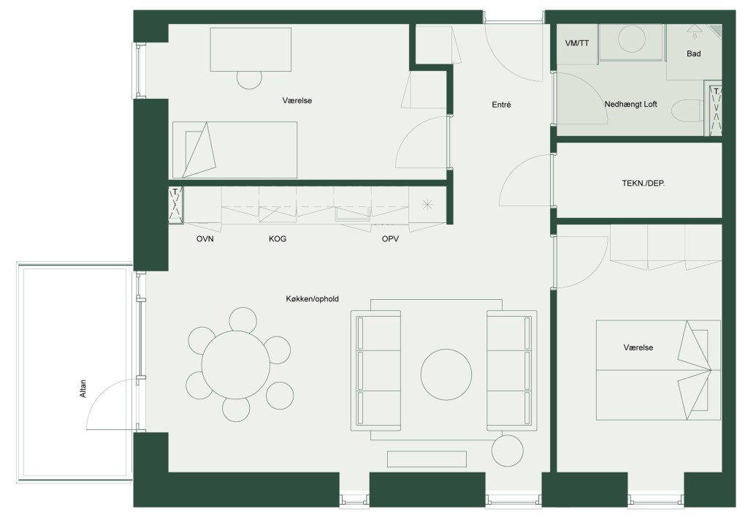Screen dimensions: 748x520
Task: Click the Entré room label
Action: (501, 105)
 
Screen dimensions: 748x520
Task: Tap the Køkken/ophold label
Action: (312, 299)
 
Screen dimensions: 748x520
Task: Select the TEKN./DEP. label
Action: (643, 183)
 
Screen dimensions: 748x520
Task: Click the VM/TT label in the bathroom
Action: (577, 43)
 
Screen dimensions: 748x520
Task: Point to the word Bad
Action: (694, 53)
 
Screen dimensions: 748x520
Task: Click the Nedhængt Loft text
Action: (630, 104)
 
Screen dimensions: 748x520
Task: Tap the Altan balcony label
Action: (83, 388)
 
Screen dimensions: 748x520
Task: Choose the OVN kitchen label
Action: (205, 238)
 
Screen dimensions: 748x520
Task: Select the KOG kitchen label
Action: (277, 238)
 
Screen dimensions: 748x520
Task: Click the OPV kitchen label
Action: (390, 238)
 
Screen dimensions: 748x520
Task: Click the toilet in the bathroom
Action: (687, 112)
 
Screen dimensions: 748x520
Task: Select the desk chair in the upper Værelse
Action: (250, 80)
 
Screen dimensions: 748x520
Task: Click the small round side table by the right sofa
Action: (508, 451)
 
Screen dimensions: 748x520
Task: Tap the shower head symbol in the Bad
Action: (694, 29)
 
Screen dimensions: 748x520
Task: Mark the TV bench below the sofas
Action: (427, 459)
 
